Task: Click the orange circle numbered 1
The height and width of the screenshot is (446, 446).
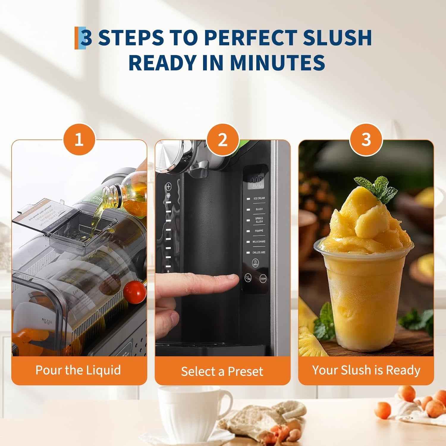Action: click(79, 139)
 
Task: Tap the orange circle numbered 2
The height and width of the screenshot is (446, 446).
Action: click(223, 139)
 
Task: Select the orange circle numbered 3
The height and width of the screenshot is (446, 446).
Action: click(366, 139)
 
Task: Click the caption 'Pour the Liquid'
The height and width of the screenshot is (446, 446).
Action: click(78, 370)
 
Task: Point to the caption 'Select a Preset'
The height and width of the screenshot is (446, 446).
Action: click(222, 371)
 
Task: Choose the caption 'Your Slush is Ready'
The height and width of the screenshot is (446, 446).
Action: click(366, 370)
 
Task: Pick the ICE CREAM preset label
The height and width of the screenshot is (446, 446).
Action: click(259, 198)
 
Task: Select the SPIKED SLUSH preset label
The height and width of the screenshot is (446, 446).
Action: click(259, 220)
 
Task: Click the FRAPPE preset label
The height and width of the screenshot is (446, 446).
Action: click(259, 231)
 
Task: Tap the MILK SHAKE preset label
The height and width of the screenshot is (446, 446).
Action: click(259, 242)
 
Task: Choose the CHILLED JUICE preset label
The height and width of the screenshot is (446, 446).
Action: click(259, 252)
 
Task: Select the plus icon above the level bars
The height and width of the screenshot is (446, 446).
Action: click(169, 187)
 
